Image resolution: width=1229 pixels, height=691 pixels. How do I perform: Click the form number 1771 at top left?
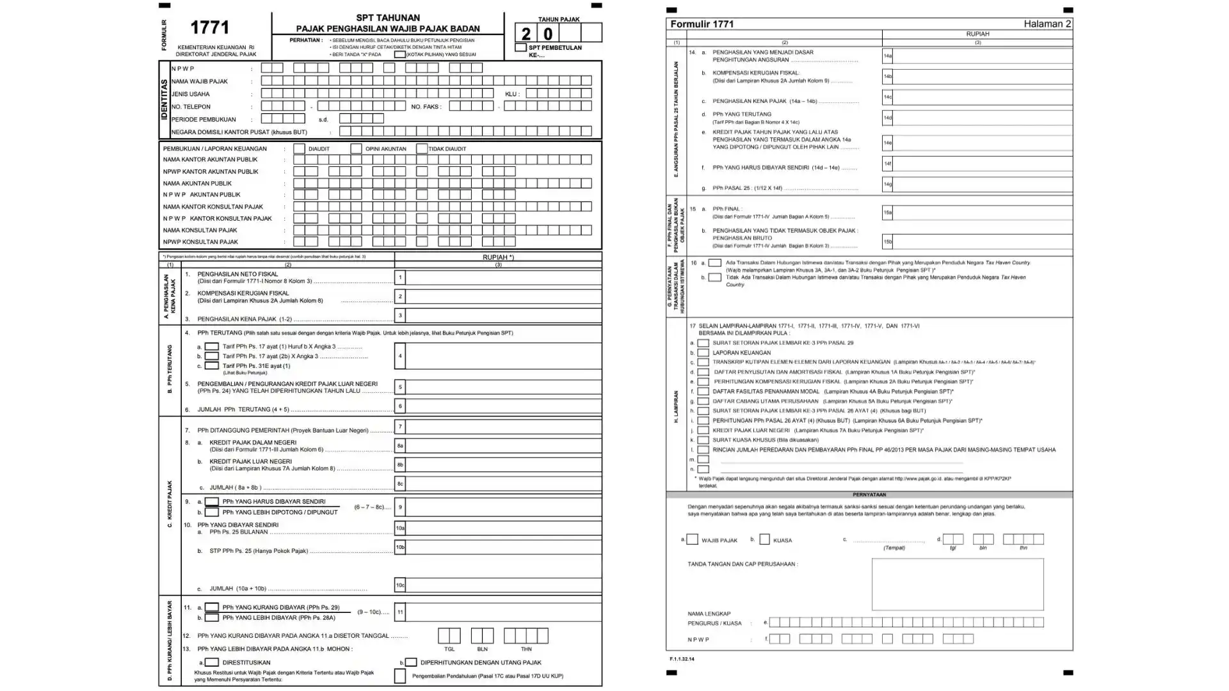click(209, 28)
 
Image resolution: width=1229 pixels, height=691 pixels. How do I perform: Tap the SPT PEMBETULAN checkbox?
click(521, 47)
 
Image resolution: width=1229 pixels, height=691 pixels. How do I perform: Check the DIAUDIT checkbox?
click(299, 148)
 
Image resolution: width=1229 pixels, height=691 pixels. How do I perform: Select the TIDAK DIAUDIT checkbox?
click(421, 148)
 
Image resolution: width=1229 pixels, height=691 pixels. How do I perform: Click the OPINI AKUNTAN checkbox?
click(356, 148)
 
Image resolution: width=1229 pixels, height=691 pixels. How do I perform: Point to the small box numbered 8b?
click(400, 465)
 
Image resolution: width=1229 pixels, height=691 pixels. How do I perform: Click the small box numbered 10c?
click(400, 585)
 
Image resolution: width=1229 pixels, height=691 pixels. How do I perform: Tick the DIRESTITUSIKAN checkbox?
click(212, 662)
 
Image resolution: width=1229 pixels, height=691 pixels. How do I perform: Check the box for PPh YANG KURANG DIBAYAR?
click(212, 607)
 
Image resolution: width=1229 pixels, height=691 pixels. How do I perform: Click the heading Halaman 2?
click(1047, 24)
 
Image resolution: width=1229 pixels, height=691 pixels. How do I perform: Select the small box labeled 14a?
click(887, 56)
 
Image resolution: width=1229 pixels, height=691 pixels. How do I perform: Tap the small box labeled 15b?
click(887, 242)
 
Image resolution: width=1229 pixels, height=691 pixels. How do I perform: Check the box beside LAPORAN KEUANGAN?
click(703, 353)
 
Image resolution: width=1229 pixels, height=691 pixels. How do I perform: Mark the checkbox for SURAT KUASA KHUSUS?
click(703, 440)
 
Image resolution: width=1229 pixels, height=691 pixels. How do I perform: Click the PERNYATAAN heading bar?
click(869, 495)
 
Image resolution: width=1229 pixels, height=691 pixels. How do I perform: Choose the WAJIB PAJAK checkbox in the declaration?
click(692, 539)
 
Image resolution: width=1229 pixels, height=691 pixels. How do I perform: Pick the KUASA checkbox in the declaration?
click(764, 539)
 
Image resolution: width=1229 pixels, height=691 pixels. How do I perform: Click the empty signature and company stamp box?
click(957, 584)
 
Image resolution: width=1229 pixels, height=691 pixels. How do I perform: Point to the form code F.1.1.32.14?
click(682, 658)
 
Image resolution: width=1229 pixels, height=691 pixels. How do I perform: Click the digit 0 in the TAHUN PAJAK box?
click(548, 33)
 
